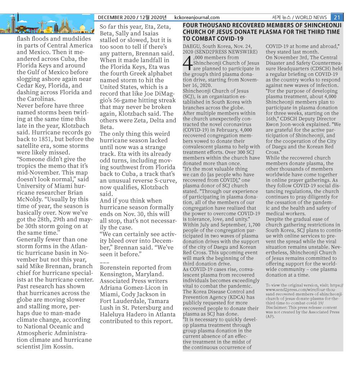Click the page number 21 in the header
pyautogui.click(x=337, y=17)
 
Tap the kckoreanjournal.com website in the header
pyautogui.click(x=197, y=17)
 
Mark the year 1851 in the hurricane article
pyautogui.click(x=49, y=139)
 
